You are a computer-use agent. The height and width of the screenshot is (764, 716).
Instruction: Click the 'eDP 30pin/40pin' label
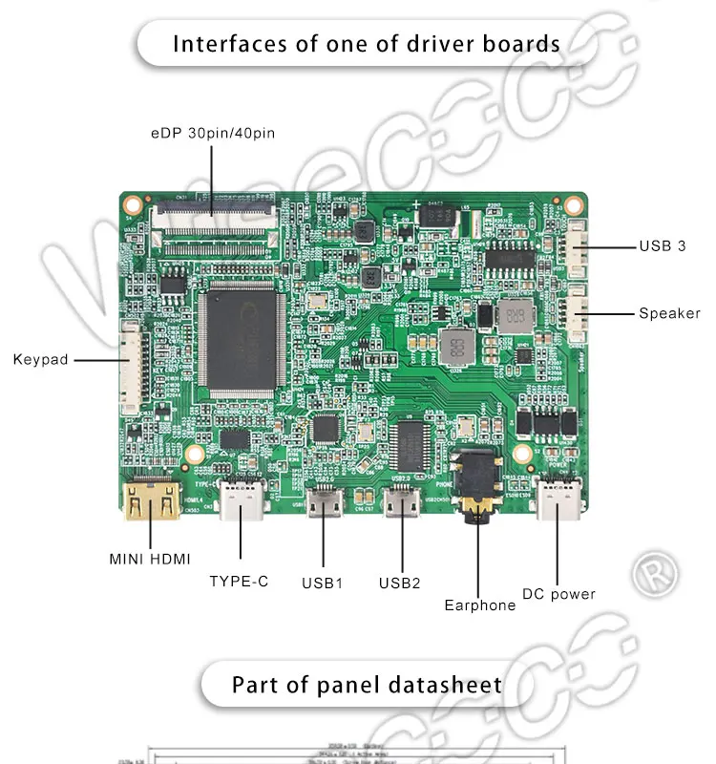pyautogui.click(x=213, y=133)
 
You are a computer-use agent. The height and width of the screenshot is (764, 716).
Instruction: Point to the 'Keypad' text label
pyautogui.click(x=41, y=359)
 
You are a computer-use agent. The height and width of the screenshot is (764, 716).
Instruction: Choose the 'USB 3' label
pyautogui.click(x=663, y=245)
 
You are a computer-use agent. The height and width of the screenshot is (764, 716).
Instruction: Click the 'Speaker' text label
pyautogui.click(x=669, y=313)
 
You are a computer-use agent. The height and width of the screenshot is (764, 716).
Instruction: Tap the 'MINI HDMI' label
pyautogui.click(x=150, y=558)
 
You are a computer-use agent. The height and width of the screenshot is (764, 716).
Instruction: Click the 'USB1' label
pyautogui.click(x=322, y=582)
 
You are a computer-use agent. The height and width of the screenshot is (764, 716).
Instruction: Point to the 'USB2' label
pyautogui.click(x=399, y=583)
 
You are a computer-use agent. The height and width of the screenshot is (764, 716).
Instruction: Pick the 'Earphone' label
pyautogui.click(x=479, y=605)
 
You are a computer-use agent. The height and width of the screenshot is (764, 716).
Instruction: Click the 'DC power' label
pyautogui.click(x=558, y=594)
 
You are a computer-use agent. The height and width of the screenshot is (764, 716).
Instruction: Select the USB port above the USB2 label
pyautogui.click(x=400, y=502)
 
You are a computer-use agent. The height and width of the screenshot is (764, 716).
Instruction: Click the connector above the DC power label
pyautogui.click(x=558, y=499)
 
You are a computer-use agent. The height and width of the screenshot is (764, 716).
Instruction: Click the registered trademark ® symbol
pyautogui.click(x=654, y=571)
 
